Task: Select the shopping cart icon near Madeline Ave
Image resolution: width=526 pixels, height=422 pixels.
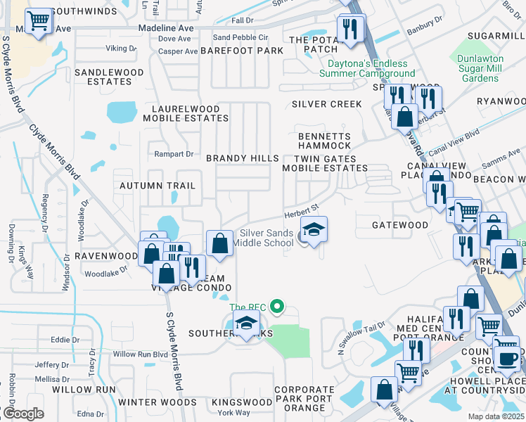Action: click(39, 21)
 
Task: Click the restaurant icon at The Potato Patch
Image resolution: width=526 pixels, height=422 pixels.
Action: click(348, 30)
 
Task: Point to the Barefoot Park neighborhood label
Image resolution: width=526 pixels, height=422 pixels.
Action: click(242, 51)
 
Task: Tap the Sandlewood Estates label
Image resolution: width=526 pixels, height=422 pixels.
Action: click(109, 77)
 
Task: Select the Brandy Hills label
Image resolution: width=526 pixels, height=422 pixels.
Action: click(242, 158)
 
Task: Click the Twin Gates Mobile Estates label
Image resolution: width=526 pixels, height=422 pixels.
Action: click(325, 163)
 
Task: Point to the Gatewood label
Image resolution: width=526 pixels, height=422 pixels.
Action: click(400, 224)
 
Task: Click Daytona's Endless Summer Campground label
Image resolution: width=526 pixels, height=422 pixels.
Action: click(366, 68)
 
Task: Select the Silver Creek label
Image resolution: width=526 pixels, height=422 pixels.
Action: click(327, 104)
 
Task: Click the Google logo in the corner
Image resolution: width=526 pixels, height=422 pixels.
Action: click(23, 414)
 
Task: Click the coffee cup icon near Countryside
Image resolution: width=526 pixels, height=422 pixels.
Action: click(506, 358)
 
